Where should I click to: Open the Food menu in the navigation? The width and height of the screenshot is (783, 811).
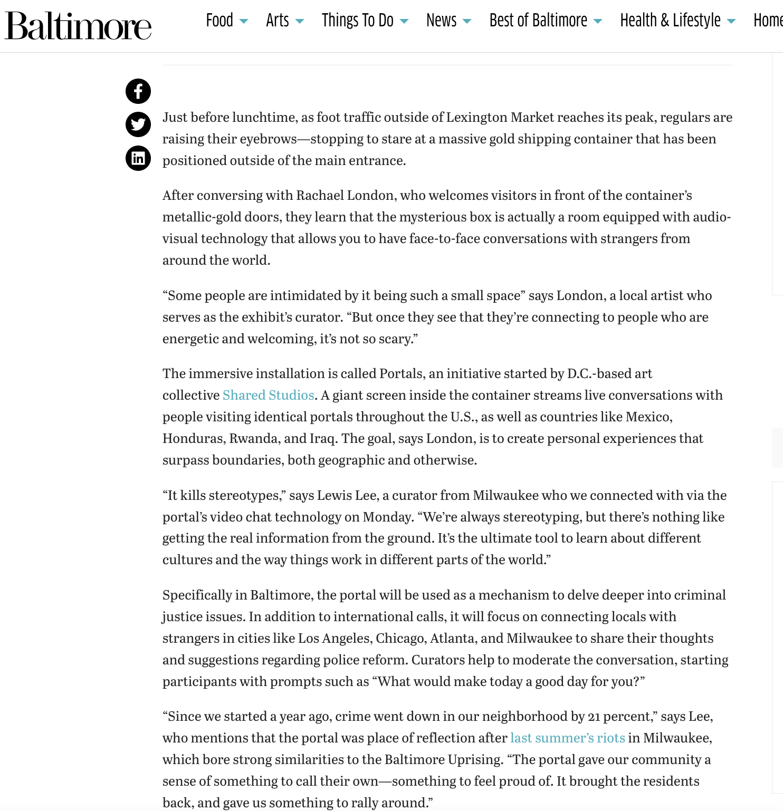pyautogui.click(x=219, y=21)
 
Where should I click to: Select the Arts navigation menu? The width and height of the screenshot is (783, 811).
pyautogui.click(x=278, y=21)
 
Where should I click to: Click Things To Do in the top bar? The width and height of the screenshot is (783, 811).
pyautogui.click(x=358, y=21)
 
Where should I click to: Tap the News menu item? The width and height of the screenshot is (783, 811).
pyautogui.click(x=441, y=21)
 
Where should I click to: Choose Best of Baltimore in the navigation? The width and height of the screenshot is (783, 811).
pyautogui.click(x=538, y=21)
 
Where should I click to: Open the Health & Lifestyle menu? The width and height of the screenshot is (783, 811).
pyautogui.click(x=670, y=21)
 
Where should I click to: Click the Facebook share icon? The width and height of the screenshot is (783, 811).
pyautogui.click(x=138, y=91)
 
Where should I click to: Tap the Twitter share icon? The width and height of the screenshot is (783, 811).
pyautogui.click(x=138, y=125)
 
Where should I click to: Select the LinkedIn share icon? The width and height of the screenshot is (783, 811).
pyautogui.click(x=138, y=158)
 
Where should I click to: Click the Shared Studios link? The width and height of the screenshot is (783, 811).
pyautogui.click(x=268, y=395)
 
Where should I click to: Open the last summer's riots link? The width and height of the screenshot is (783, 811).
pyautogui.click(x=567, y=738)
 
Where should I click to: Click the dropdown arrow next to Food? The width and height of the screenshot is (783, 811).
pyautogui.click(x=244, y=22)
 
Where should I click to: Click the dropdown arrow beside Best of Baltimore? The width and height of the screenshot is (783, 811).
pyautogui.click(x=598, y=22)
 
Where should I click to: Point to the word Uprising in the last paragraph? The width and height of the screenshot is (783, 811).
pyautogui.click(x=475, y=760)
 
